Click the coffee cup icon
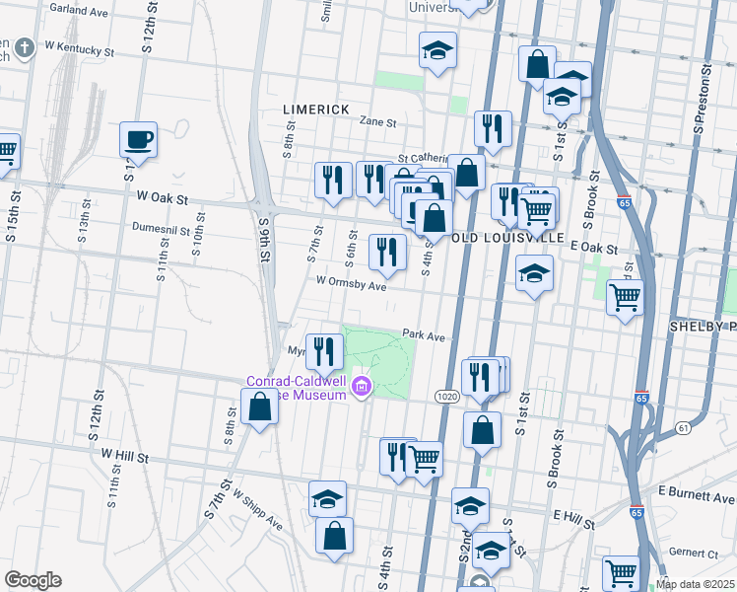138,139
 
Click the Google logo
33,580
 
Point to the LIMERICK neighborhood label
315,109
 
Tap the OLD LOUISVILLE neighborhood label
508,239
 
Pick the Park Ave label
424,336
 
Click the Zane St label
377,123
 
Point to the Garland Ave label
78,11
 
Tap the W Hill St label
125,457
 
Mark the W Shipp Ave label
258,507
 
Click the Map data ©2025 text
695,584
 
